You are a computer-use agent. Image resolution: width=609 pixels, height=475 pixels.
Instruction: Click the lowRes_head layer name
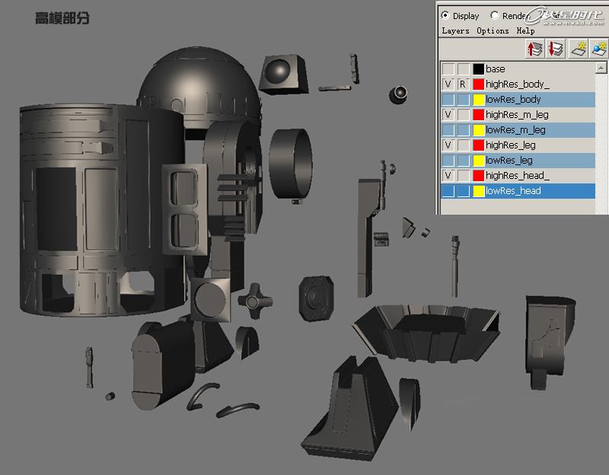[513, 191]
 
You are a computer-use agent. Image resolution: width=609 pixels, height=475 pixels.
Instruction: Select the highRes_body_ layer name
[517, 84]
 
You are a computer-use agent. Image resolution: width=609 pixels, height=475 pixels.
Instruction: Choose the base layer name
[495, 69]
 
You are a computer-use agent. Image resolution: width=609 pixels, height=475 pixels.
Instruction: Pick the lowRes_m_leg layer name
[515, 130]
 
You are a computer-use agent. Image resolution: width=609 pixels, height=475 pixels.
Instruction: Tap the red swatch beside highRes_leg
[479, 145]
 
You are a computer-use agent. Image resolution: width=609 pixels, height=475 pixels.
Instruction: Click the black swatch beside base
[479, 69]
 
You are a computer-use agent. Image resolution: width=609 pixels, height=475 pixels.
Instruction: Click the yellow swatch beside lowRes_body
[479, 100]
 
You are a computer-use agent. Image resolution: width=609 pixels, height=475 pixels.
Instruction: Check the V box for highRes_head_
[448, 176]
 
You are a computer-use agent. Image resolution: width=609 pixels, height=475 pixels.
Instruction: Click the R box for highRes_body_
[463, 84]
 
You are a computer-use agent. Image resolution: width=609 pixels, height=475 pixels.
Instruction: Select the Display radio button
[445, 15]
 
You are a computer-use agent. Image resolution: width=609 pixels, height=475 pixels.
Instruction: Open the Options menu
[493, 30]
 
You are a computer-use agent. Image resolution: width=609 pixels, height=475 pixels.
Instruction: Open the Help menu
[525, 30]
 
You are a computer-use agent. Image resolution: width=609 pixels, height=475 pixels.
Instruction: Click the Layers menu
[455, 30]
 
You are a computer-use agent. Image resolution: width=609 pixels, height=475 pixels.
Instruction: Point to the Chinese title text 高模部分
[62, 18]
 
